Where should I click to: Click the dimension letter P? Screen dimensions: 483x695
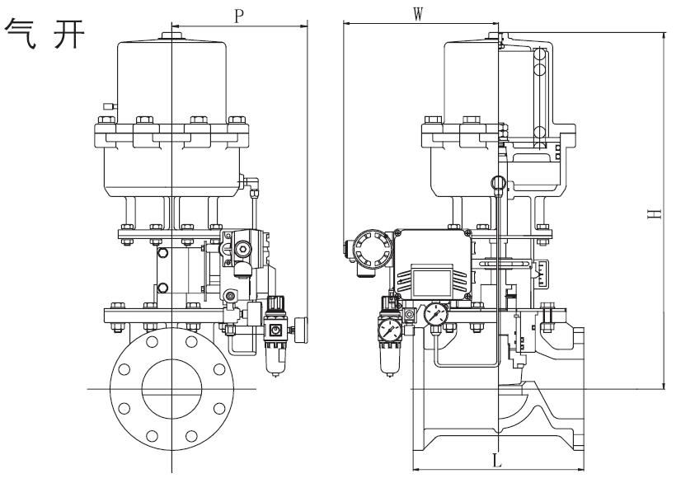coord(238,16)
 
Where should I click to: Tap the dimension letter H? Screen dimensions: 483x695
coord(654,213)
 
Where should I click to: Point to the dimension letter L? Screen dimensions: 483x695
coord(496,460)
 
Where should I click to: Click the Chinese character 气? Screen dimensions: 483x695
coord(21,34)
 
